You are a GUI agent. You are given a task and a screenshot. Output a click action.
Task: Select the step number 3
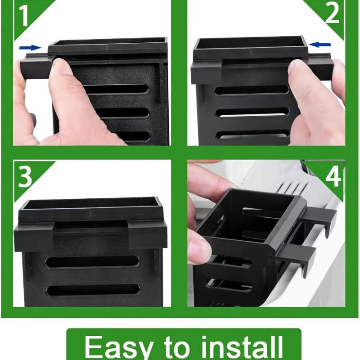point(25,177)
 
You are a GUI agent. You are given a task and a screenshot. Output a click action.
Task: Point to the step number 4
point(333,176)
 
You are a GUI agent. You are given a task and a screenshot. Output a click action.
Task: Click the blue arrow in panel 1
point(30,48)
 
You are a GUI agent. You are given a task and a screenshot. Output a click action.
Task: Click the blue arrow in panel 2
point(320,45)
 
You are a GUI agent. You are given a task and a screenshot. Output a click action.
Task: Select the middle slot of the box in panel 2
point(252,112)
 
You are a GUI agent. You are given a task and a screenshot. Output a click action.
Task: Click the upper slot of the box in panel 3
point(92,262)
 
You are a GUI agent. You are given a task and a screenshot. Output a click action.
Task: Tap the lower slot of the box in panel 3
point(93,290)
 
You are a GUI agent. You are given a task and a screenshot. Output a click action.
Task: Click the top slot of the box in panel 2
point(252,90)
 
